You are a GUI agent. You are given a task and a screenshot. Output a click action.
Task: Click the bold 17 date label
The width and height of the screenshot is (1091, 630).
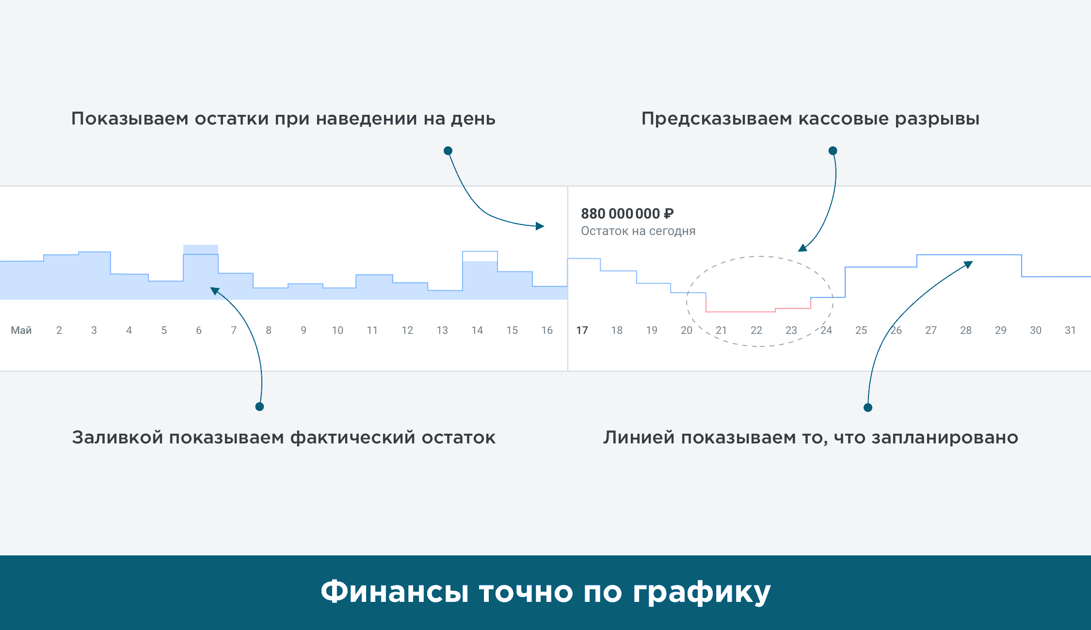click(x=582, y=330)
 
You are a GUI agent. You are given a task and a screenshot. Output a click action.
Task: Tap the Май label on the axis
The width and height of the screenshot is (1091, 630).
click(x=21, y=330)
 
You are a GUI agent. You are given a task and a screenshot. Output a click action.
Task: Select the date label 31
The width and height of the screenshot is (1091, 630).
click(x=1070, y=330)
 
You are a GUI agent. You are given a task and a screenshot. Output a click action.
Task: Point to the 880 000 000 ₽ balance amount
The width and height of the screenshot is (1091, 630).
click(x=627, y=213)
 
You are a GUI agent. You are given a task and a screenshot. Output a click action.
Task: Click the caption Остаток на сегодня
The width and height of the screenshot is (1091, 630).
click(x=638, y=231)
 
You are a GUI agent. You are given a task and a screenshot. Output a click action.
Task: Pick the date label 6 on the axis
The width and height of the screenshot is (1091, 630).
click(x=199, y=330)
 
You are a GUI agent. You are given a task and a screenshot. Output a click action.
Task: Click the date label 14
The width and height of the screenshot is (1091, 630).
click(x=477, y=330)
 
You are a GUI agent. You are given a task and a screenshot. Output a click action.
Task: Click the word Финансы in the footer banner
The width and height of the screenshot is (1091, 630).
click(x=395, y=592)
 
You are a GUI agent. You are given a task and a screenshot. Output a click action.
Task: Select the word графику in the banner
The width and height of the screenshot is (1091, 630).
click(x=702, y=593)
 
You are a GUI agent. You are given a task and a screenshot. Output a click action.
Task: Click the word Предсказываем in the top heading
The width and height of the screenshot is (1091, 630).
click(x=717, y=119)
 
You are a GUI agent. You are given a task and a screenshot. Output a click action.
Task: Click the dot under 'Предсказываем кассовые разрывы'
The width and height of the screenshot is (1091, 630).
click(x=833, y=151)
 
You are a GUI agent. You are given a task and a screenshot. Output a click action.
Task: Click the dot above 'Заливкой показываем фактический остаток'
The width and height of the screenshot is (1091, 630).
click(x=259, y=407)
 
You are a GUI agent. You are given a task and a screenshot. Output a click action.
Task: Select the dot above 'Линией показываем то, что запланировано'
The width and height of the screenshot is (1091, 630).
click(x=868, y=408)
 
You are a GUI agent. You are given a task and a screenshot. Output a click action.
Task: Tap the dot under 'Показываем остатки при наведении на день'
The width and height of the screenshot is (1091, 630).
click(x=448, y=151)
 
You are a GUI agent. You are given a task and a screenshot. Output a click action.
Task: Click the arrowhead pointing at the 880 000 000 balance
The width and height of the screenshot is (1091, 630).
click(x=540, y=226)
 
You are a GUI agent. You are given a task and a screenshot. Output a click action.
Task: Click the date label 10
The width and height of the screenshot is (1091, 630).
click(x=337, y=330)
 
